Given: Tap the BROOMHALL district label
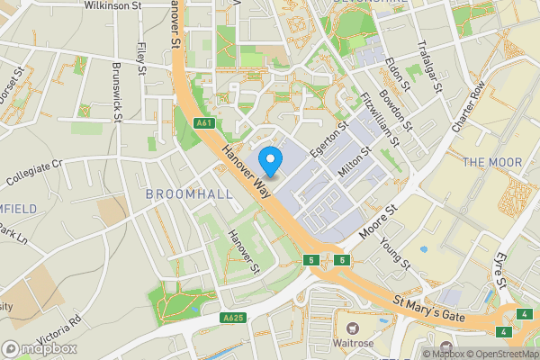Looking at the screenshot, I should coord(189,193).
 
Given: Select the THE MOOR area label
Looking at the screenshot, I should coord(492,162).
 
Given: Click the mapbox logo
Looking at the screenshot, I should coord(40,348).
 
